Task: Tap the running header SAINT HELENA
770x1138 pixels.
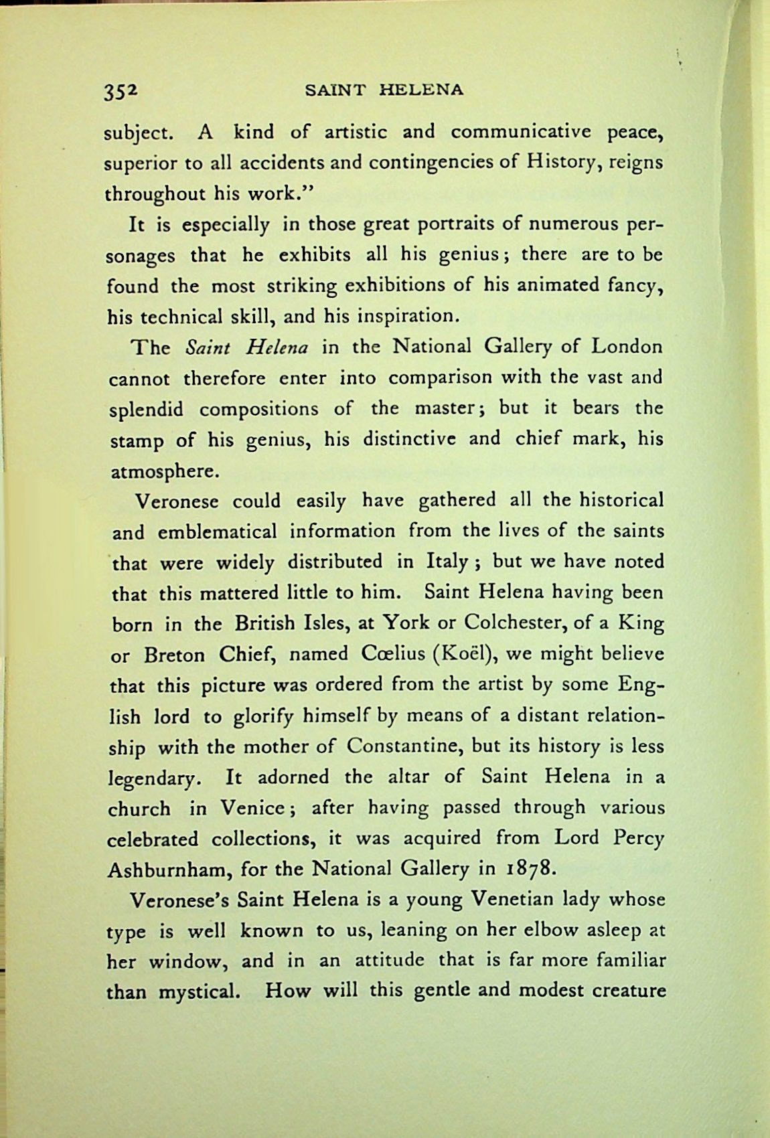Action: (x=384, y=89)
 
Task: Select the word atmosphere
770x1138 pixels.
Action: (x=163, y=470)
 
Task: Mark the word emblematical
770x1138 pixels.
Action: (x=217, y=532)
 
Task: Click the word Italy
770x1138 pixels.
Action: (x=446, y=562)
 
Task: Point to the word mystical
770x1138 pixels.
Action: (x=198, y=991)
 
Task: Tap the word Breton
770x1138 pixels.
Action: (x=174, y=654)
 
